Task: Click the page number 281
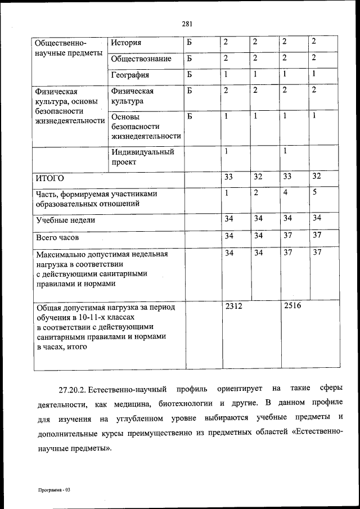click(x=187, y=23)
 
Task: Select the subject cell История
click(x=126, y=43)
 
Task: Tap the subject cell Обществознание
click(x=141, y=58)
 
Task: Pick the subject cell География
click(x=130, y=74)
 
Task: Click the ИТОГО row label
click(x=50, y=178)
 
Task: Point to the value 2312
click(x=233, y=307)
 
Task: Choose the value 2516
click(x=293, y=307)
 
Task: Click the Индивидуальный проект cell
click(x=143, y=157)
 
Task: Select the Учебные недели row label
click(x=65, y=220)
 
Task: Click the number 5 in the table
click(x=315, y=192)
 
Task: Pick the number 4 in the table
click(x=285, y=192)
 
